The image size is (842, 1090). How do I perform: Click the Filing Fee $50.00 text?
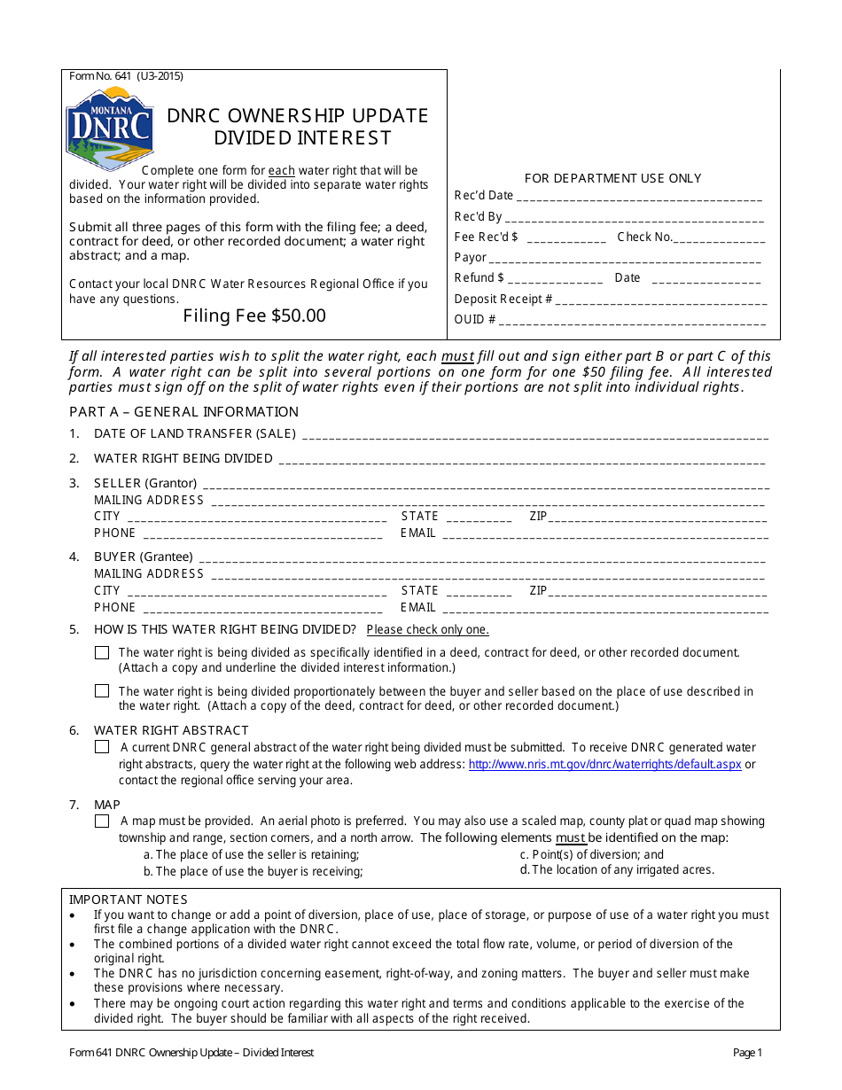pyautogui.click(x=254, y=315)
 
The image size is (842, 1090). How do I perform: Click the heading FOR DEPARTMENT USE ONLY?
pyautogui.click(x=612, y=178)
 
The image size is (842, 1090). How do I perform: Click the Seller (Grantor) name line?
pyautogui.click(x=485, y=486)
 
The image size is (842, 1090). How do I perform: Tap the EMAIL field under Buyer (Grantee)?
pyautogui.click(x=604, y=610)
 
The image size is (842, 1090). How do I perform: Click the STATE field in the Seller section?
pyautogui.click(x=479, y=518)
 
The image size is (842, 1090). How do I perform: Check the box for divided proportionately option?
pyautogui.click(x=102, y=691)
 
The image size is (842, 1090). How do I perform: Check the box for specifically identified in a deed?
pyautogui.click(x=102, y=652)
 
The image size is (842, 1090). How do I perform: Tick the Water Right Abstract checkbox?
pyautogui.click(x=102, y=747)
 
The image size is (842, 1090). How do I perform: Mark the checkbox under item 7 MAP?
pyautogui.click(x=102, y=821)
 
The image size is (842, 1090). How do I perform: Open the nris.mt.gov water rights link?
pyautogui.click(x=604, y=764)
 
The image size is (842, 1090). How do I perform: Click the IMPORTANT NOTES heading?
pyautogui.click(x=116, y=899)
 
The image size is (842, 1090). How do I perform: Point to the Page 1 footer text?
pyautogui.click(x=747, y=1053)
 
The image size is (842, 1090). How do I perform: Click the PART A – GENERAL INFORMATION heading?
pyautogui.click(x=183, y=412)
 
